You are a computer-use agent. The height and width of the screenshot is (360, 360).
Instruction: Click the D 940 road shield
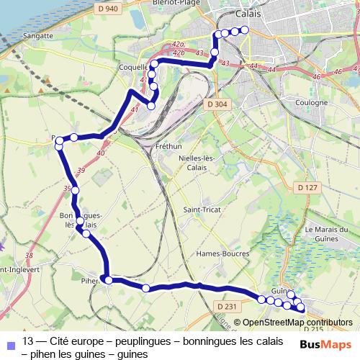[x=109, y=9]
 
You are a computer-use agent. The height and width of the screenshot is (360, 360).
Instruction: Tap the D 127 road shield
[x=307, y=188]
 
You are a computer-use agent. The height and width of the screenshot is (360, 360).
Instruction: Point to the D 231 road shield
[x=226, y=307]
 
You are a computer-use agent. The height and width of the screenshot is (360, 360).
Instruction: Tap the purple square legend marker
[x=9, y=343]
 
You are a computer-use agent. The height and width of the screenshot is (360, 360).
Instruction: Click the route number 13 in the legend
[x=29, y=341]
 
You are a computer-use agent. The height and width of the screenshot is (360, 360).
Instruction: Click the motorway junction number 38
[x=29, y=256]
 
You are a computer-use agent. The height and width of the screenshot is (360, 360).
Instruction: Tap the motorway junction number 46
[x=336, y=73]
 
